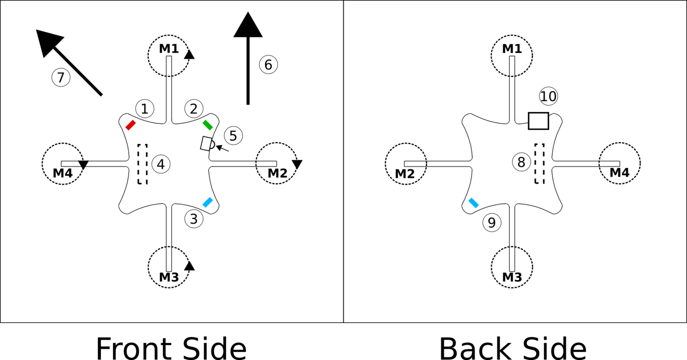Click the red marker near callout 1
pyautogui.click(x=131, y=125)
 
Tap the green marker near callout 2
pyautogui.click(x=208, y=125)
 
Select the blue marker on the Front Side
pyautogui.click(x=208, y=202)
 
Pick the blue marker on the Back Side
pyautogui.click(x=474, y=203)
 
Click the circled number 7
pyautogui.click(x=61, y=78)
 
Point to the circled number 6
pyautogui.click(x=268, y=65)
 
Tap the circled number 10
pyautogui.click(x=548, y=96)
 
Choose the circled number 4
pyautogui.click(x=161, y=164)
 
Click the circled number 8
pyautogui.click(x=521, y=162)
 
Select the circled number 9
pyautogui.click(x=492, y=223)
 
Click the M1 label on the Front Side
pyautogui.click(x=169, y=49)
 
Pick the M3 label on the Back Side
pyautogui.click(x=512, y=277)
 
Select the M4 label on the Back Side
pyautogui.click(x=619, y=173)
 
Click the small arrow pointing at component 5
pyautogui.click(x=222, y=149)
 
